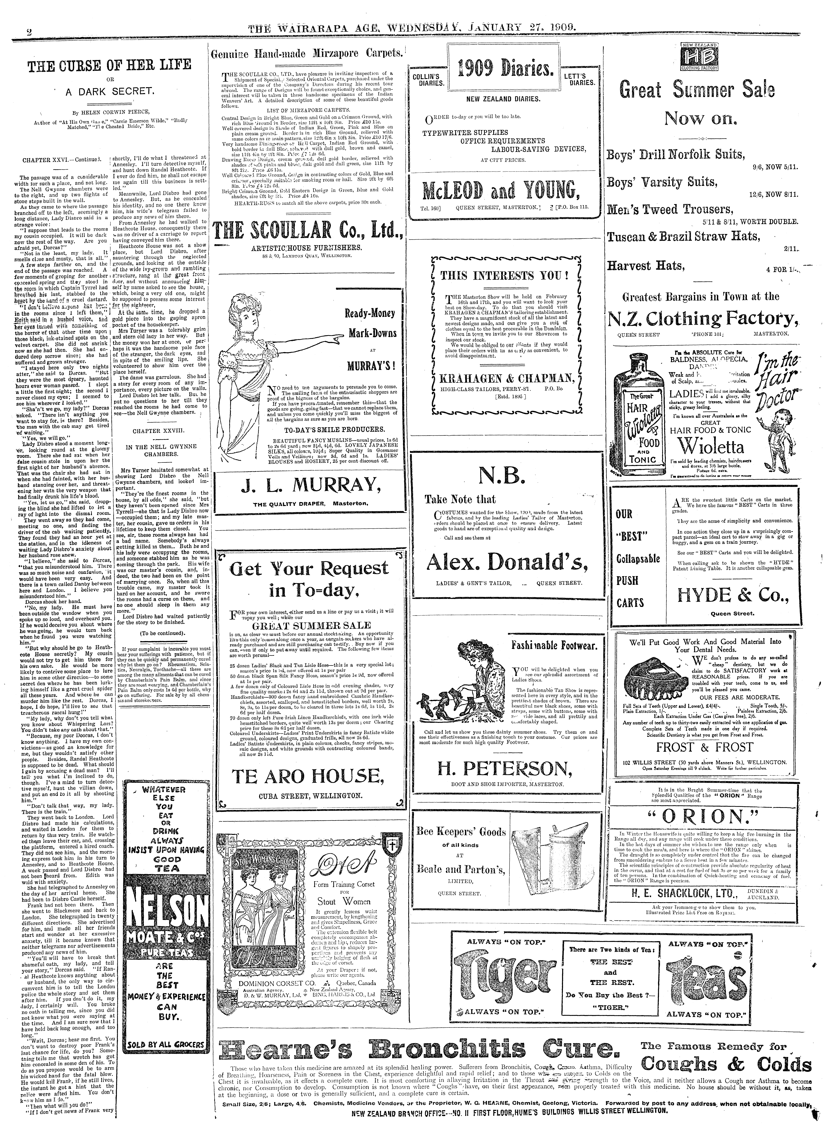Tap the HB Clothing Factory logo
(699, 56)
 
